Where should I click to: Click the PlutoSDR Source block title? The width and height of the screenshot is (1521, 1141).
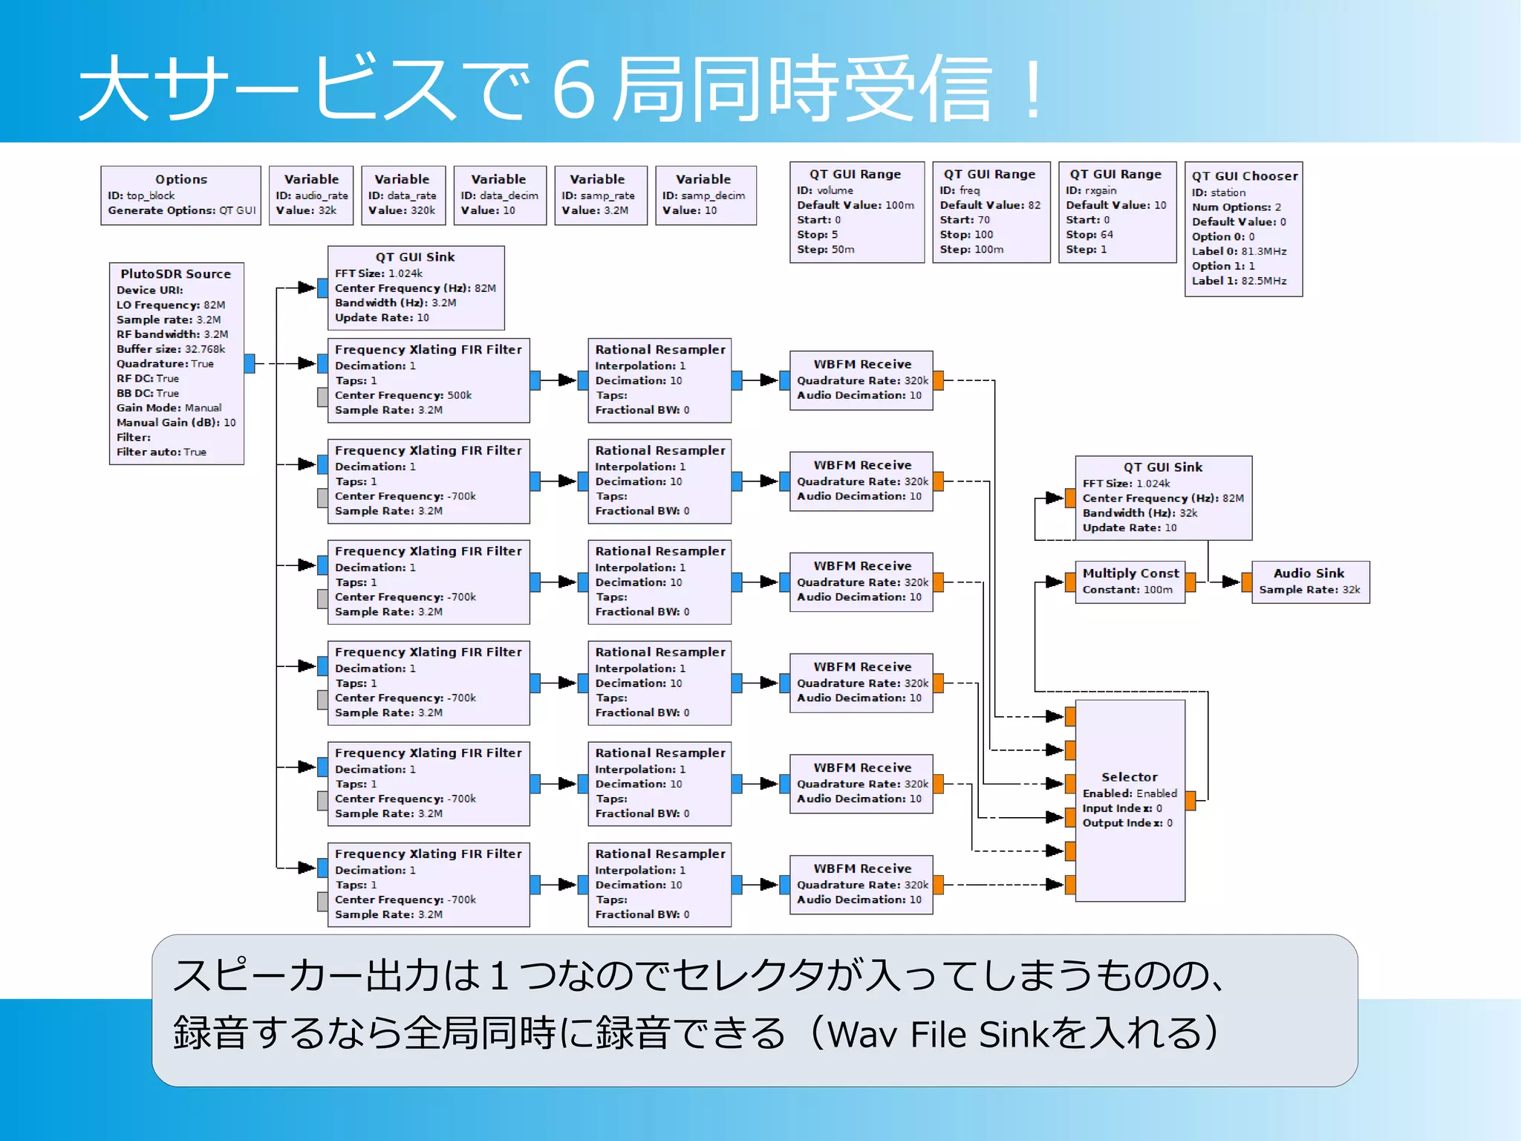[176, 274]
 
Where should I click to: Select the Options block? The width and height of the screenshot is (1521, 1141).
[180, 195]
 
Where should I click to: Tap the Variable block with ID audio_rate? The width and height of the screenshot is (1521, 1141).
[311, 195]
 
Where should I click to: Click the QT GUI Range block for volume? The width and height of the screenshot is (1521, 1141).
[856, 212]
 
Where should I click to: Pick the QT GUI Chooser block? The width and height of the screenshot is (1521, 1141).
[1243, 229]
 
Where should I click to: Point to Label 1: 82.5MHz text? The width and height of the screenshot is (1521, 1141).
[1239, 281]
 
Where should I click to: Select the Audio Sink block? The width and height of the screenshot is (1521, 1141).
[1310, 582]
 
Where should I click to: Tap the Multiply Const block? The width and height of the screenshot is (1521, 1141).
[1130, 582]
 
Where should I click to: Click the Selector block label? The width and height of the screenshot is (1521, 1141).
[1129, 777]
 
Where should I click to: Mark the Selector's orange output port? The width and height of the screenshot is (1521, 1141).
[1191, 800]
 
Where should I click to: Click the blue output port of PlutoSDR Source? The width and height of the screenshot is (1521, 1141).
[250, 363]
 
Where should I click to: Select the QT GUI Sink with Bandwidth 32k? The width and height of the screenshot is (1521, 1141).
[1163, 498]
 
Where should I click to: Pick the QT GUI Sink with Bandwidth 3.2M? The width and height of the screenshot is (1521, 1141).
[415, 288]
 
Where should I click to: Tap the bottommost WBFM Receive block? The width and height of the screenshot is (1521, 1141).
[861, 884]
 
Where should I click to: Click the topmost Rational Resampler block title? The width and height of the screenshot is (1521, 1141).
[659, 350]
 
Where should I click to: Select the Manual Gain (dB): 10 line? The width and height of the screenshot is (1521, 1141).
[176, 423]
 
